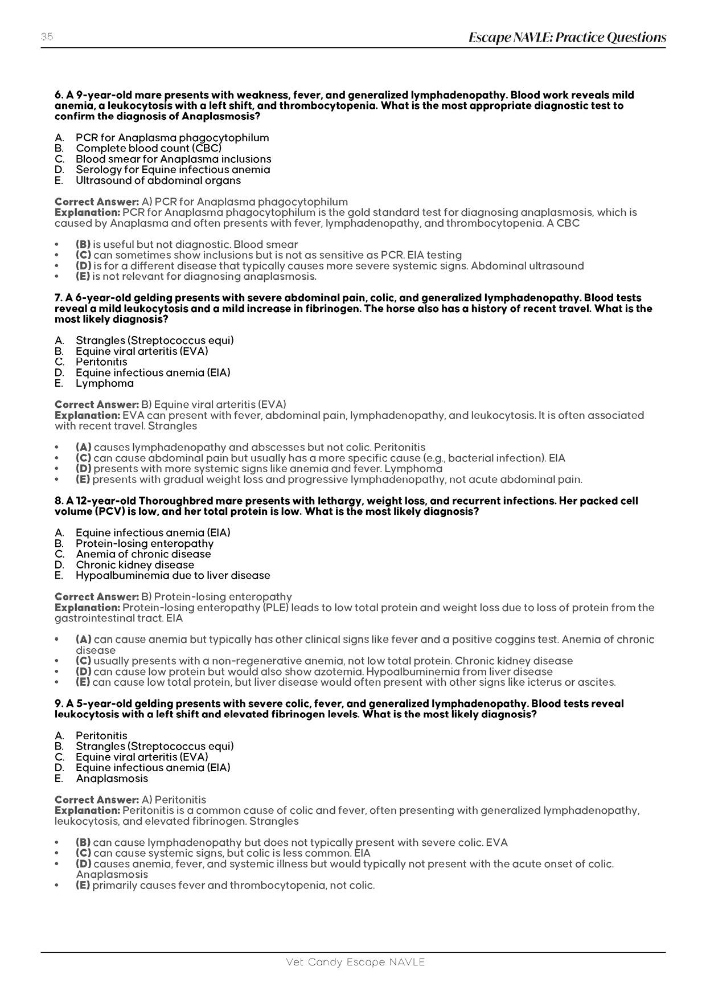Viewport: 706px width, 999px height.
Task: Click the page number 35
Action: (47, 37)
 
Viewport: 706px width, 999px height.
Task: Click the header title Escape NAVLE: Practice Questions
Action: (567, 38)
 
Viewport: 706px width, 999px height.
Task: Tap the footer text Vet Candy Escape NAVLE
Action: (355, 962)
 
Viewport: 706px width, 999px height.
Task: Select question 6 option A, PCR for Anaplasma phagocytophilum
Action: (172, 138)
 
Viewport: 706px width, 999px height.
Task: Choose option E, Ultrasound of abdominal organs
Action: (158, 181)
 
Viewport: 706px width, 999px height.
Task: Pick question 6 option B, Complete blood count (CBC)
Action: (149, 149)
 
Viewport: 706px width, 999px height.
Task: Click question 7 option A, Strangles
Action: (154, 341)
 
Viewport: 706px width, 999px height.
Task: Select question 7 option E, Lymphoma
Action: (104, 383)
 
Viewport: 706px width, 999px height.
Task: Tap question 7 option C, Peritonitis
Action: (101, 362)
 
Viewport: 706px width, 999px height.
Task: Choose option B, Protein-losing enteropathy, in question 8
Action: (145, 543)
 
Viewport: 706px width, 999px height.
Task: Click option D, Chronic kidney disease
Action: (135, 565)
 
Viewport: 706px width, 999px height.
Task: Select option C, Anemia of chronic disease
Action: (143, 554)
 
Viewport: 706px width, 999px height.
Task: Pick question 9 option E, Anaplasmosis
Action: (112, 779)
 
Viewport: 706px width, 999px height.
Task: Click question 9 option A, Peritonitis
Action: (101, 736)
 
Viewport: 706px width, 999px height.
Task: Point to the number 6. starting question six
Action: (59, 95)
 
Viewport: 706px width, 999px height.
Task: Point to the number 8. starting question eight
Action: (59, 501)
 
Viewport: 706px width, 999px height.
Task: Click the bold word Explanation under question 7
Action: (87, 416)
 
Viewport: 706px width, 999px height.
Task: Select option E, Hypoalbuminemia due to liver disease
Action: (173, 576)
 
